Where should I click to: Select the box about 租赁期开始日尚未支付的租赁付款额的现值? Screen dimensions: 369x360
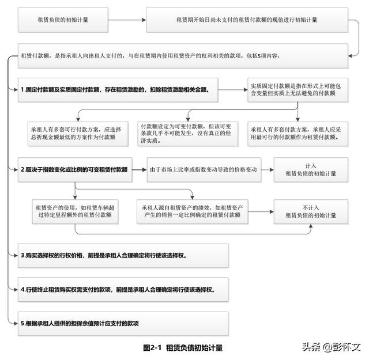pyautogui.click(x=247, y=20)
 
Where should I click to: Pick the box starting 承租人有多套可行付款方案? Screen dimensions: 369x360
pyautogui.click(x=77, y=134)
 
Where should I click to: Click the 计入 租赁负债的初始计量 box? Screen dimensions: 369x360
pyautogui.click(x=311, y=169)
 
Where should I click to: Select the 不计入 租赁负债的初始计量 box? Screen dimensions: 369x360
pyautogui.click(x=311, y=211)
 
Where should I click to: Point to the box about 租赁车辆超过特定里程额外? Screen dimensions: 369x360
pyautogui.click(x=77, y=211)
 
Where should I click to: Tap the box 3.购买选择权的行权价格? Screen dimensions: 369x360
pyautogui.click(x=122, y=255)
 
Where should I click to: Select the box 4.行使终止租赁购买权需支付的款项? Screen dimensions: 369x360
pyautogui.click(x=122, y=289)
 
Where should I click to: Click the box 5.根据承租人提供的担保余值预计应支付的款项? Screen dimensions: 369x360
pyautogui.click(x=122, y=323)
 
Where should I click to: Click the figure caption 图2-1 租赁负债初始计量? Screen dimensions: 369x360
pyautogui.click(x=183, y=347)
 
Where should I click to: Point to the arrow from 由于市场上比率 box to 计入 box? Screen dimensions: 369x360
pyautogui.click(x=267, y=169)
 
